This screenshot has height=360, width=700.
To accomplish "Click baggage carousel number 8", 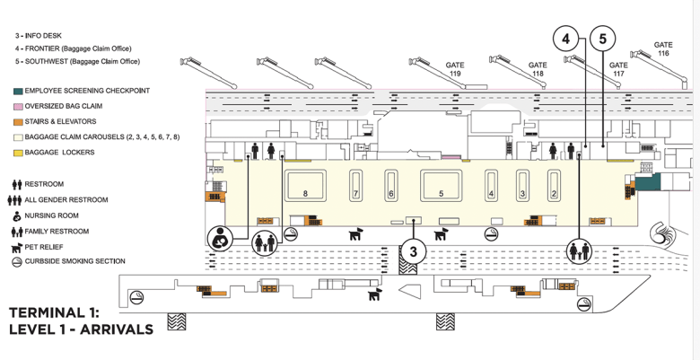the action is (x=305, y=186).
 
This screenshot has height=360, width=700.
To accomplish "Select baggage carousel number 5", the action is (x=441, y=186).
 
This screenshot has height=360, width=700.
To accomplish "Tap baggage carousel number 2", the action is (x=554, y=186).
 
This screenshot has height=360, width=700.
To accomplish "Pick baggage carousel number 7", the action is (x=355, y=186).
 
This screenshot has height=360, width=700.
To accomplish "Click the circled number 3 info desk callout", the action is (x=414, y=251).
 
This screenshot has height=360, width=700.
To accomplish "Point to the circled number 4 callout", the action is (x=565, y=40).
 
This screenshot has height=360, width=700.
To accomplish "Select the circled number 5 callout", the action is (x=603, y=40).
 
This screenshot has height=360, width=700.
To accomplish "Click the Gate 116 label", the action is (x=663, y=48).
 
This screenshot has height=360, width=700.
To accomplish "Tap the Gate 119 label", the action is (x=455, y=69).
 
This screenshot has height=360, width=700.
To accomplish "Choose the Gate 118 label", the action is (x=538, y=69).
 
